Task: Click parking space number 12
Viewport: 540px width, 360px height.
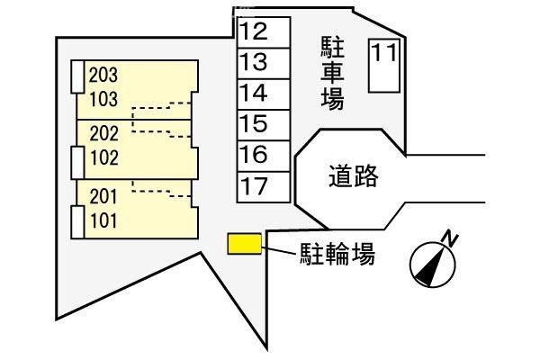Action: point(264,32)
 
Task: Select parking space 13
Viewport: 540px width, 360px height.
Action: point(264,63)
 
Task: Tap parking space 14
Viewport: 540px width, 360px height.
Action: point(264,94)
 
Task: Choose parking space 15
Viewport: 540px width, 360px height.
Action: point(264,125)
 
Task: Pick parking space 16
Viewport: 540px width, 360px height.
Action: point(264,156)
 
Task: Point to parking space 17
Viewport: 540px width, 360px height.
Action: point(264,186)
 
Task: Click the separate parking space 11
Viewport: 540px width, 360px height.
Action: point(384,66)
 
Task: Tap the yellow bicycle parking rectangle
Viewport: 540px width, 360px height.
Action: point(245,244)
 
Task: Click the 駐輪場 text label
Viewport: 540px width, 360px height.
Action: point(337,254)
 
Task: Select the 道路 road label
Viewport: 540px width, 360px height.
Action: point(354,176)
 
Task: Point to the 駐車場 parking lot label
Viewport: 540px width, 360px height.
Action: point(332,73)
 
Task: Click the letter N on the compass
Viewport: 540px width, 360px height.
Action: point(450,238)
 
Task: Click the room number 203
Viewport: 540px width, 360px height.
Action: point(103,75)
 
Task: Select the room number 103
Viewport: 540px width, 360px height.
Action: point(103,99)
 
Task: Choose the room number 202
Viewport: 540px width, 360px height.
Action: point(104,134)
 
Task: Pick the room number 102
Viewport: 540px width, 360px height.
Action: point(104,157)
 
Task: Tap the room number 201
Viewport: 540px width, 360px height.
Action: point(103,197)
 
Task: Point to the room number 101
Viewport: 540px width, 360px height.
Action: point(103,220)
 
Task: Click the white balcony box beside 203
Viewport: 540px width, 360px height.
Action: point(77,76)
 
